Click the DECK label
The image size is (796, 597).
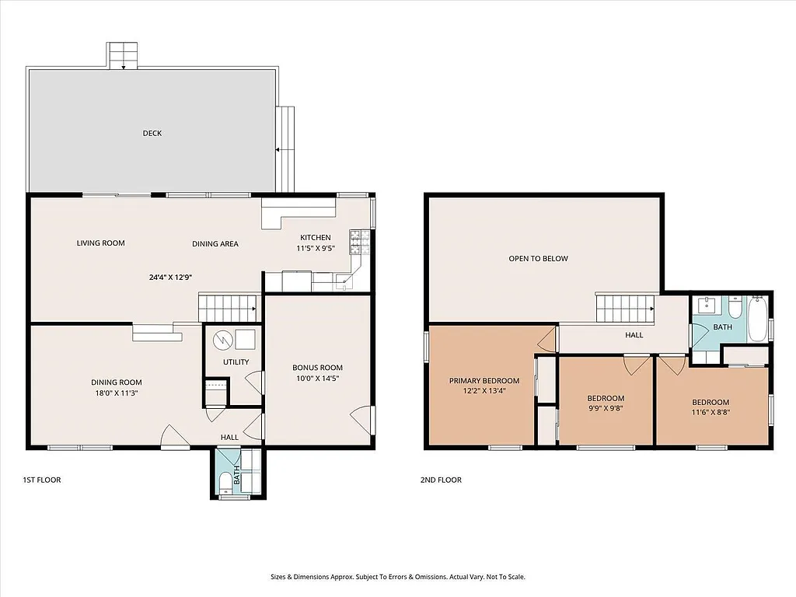pyautogui.click(x=152, y=133)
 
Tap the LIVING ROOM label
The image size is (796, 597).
pyautogui.click(x=100, y=243)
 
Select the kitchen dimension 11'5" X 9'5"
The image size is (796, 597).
pyautogui.click(x=316, y=249)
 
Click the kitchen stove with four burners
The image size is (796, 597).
pyautogui.click(x=359, y=242)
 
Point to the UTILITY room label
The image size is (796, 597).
pyautogui.click(x=236, y=362)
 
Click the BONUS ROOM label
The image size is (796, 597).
pyautogui.click(x=317, y=368)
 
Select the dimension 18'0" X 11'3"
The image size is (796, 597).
pyautogui.click(x=116, y=393)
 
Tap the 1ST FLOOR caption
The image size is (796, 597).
pyautogui.click(x=42, y=480)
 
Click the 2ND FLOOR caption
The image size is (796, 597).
pyautogui.click(x=441, y=480)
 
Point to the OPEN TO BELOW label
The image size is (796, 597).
pyautogui.click(x=538, y=258)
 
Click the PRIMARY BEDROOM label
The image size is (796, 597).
pyautogui.click(x=484, y=381)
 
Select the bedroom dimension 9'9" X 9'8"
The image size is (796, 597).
pyautogui.click(x=606, y=410)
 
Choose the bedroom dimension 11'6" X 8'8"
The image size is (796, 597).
pyautogui.click(x=710, y=413)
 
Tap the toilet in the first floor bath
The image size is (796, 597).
pyautogui.click(x=225, y=485)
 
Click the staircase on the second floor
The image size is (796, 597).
pyautogui.click(x=626, y=308)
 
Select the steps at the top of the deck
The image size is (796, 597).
pyautogui.click(x=123, y=56)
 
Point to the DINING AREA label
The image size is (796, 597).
pyautogui.click(x=215, y=244)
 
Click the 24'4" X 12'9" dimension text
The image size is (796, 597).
pyautogui.click(x=172, y=277)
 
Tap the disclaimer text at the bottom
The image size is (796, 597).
pyautogui.click(x=397, y=577)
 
